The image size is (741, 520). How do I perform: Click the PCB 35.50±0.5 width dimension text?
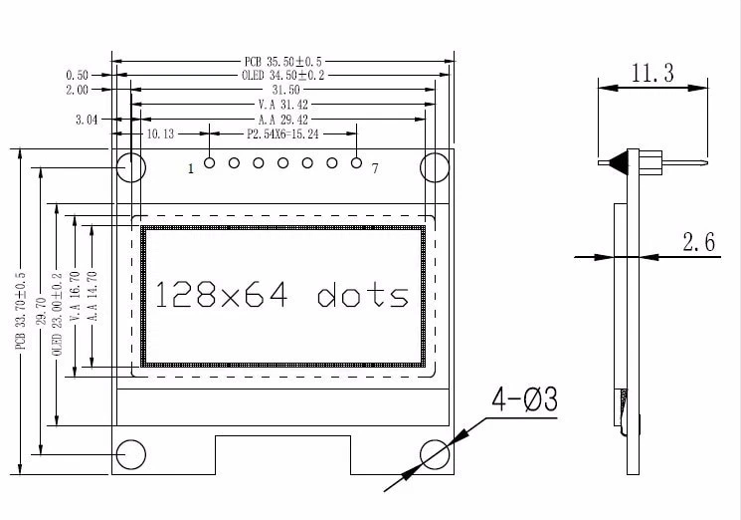282,61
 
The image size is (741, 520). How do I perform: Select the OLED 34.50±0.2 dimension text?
282,76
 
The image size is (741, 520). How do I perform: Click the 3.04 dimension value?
87,119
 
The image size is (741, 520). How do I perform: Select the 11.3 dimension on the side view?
651,72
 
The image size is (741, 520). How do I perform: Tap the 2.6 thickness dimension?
700,241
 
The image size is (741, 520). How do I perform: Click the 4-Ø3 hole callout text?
524,400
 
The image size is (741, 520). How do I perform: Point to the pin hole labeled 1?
210,162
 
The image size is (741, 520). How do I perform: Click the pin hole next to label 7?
356,162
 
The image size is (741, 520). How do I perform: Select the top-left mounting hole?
131,167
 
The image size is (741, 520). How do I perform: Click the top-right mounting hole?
435,167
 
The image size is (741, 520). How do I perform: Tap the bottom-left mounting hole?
131,454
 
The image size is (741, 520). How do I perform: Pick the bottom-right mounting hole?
435,454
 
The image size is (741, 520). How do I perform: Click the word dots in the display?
363,296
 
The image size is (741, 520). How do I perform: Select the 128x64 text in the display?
225,295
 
